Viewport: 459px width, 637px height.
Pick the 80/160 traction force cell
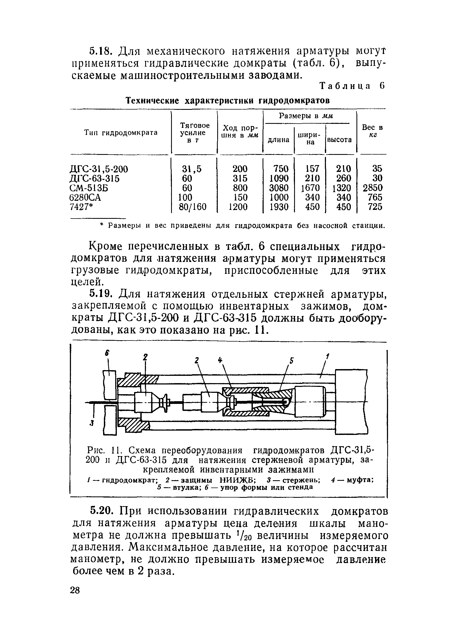[193, 207]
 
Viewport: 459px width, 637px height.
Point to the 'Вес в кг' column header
[372, 131]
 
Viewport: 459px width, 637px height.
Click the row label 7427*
[81, 207]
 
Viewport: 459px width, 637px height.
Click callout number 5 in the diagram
[292, 361]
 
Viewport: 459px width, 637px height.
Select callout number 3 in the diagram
[91, 424]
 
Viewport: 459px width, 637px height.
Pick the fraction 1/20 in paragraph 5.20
[244, 535]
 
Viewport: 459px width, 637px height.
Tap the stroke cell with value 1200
[238, 207]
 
